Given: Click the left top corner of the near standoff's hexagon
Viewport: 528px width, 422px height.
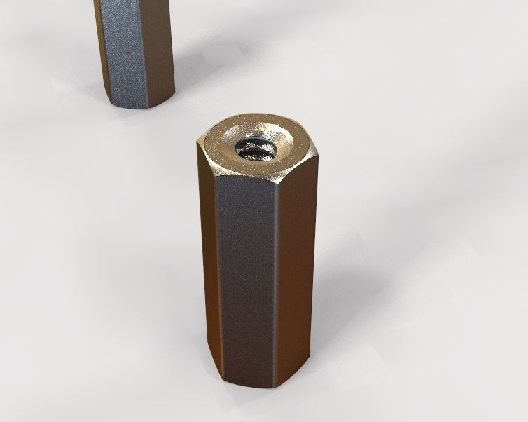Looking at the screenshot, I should [x=197, y=144].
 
